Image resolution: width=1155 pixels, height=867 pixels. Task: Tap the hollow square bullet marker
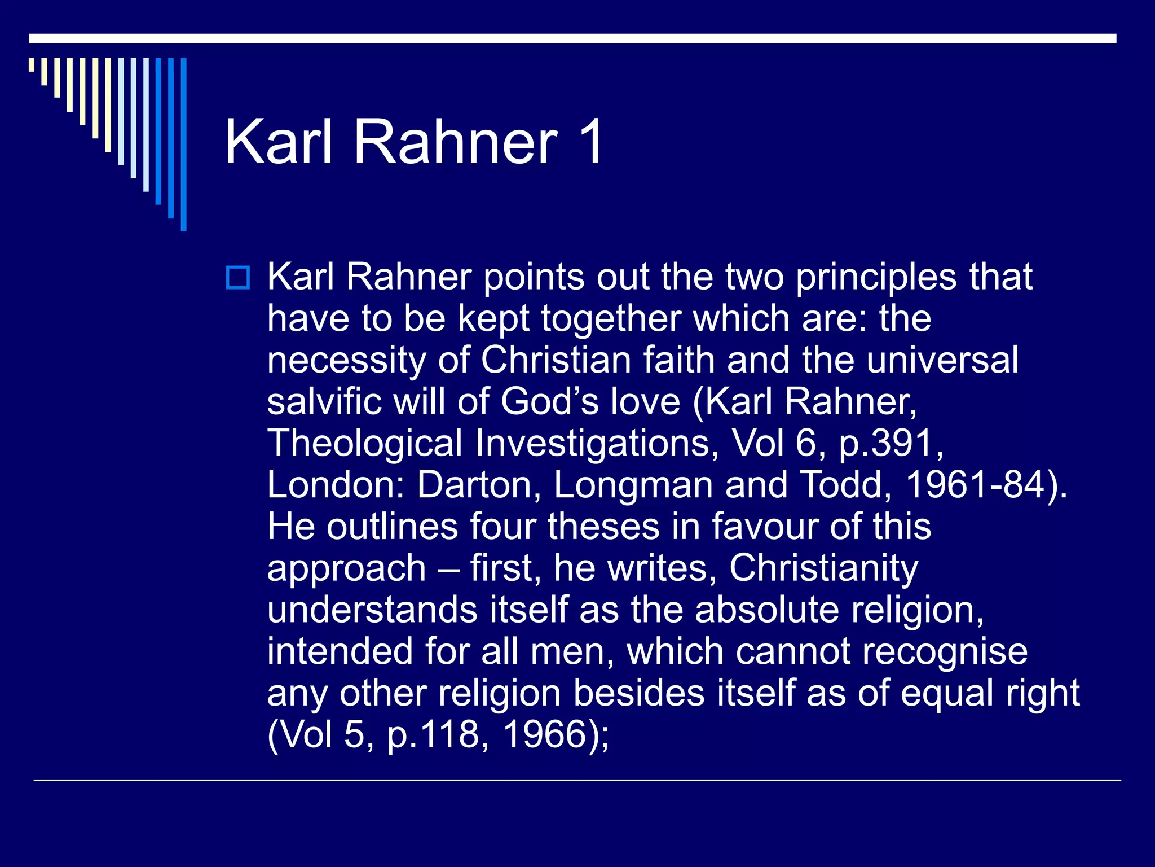pyautogui.click(x=237, y=278)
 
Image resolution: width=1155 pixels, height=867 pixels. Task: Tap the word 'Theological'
pyautogui.click(x=364, y=443)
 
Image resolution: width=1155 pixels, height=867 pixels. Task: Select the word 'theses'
pyautogui.click(x=603, y=527)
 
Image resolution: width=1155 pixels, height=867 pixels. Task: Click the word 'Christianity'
pyautogui.click(x=823, y=568)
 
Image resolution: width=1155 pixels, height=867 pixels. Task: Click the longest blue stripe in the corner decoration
pyautogui.click(x=183, y=144)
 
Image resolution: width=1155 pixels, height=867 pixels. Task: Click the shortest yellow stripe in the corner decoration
pyautogui.click(x=32, y=64)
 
